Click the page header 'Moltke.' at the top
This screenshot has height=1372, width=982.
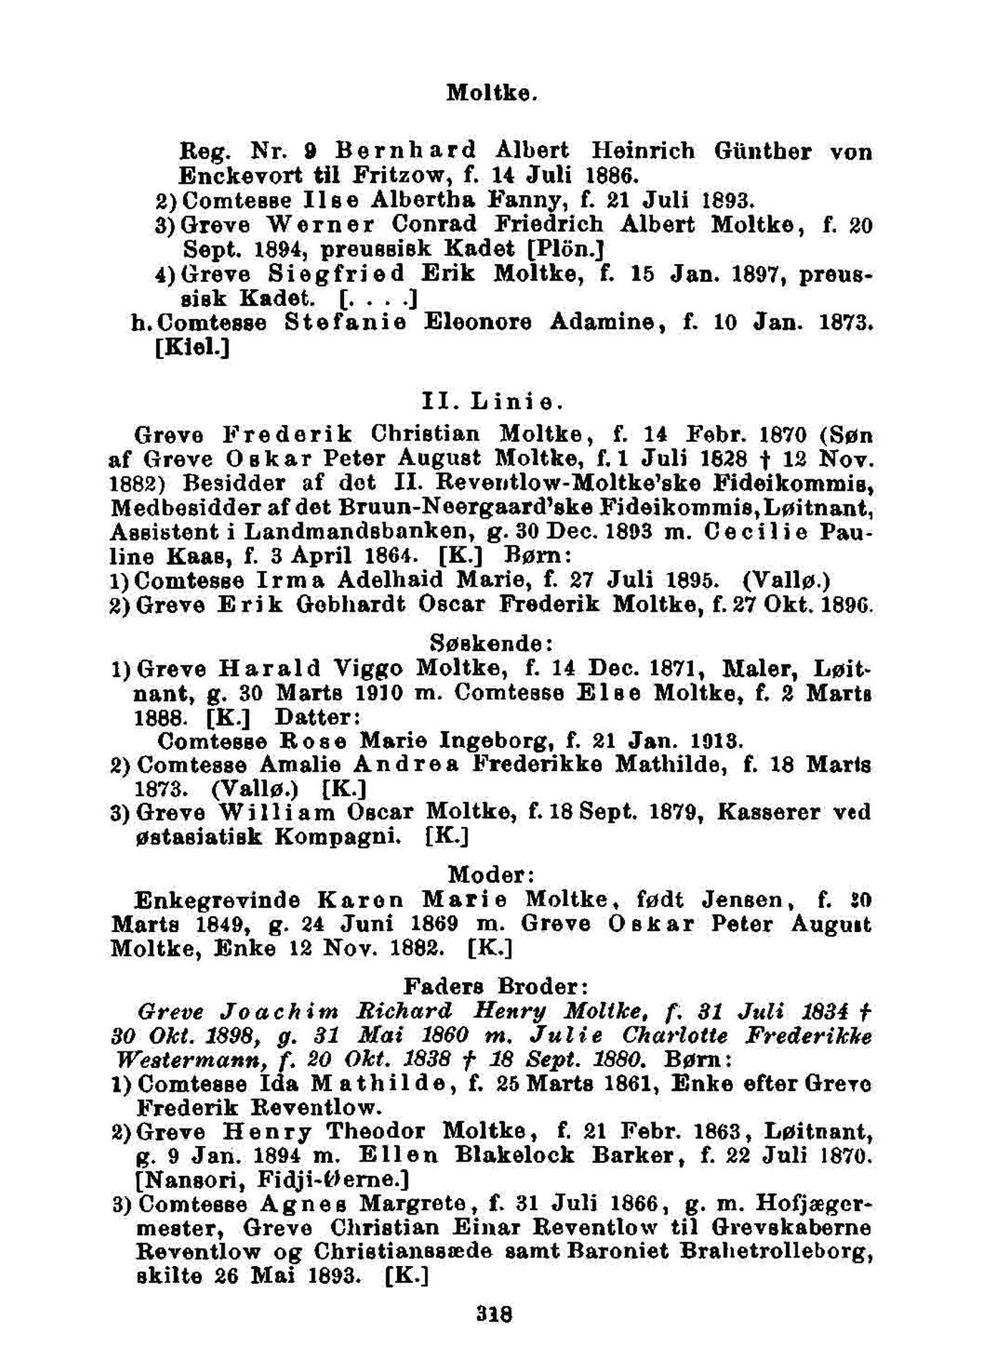tap(491, 93)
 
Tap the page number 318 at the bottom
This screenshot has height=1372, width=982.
tap(494, 1314)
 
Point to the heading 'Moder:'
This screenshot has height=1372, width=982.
tap(492, 874)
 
